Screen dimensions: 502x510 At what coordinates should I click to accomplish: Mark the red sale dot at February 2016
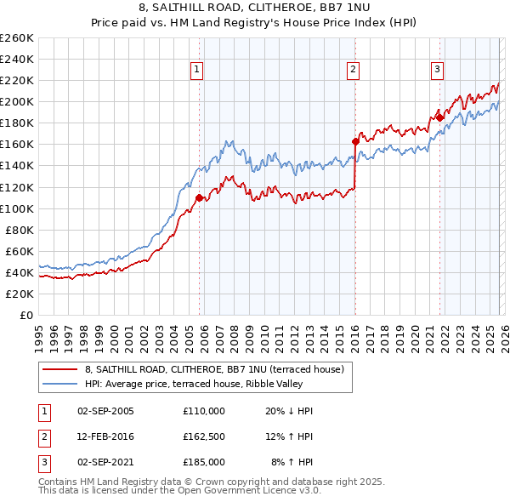tap(355, 141)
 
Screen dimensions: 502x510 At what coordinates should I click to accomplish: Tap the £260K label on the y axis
tap(17, 37)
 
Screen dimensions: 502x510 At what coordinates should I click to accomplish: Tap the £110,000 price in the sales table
tap(204, 411)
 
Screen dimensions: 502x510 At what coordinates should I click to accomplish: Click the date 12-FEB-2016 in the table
tap(105, 436)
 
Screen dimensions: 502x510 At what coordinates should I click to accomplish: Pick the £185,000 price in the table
tap(204, 462)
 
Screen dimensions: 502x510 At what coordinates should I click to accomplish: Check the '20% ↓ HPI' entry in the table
tap(289, 411)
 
